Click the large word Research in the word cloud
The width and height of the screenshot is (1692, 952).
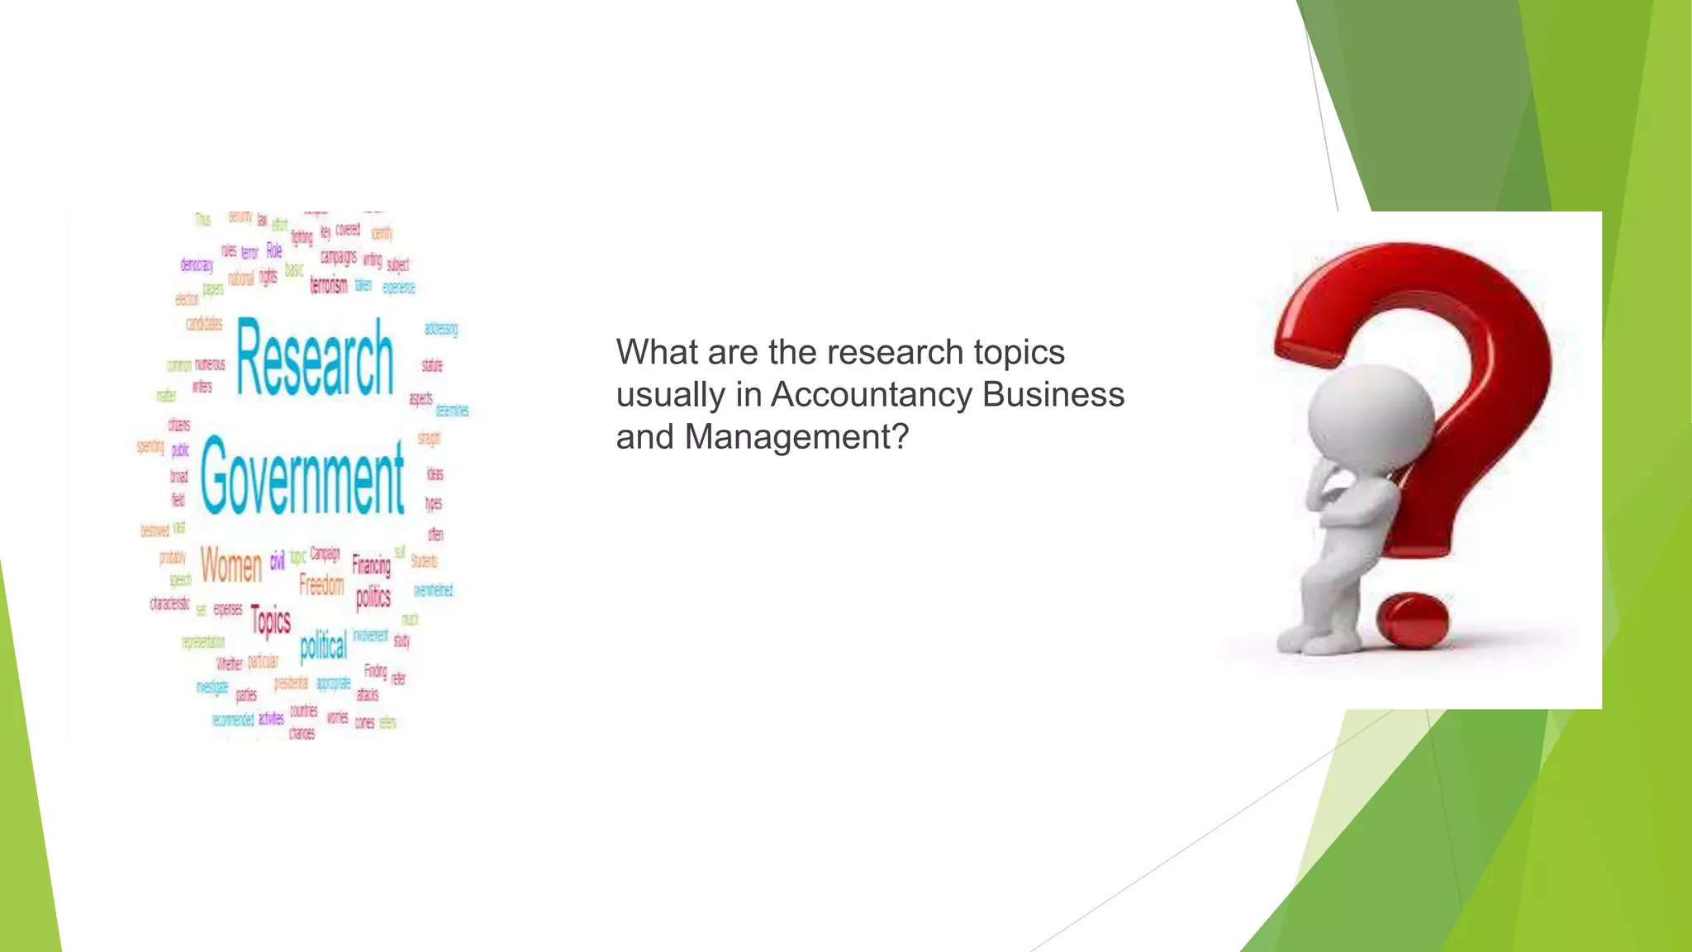click(x=315, y=359)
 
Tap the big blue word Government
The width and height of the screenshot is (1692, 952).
click(x=302, y=478)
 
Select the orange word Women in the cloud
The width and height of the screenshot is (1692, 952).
click(x=231, y=566)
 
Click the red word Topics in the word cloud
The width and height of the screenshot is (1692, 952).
click(x=270, y=621)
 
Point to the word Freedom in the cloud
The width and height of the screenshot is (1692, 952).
click(x=321, y=585)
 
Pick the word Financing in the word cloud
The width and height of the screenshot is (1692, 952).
click(x=371, y=565)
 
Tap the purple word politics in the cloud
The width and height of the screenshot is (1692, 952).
click(x=373, y=597)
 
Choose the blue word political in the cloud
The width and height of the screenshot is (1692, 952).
click(x=323, y=645)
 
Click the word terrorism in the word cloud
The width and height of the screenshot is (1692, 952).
click(x=328, y=286)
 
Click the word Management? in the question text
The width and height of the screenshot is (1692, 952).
click(x=796, y=436)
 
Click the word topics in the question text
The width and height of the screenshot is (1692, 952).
click(x=1019, y=352)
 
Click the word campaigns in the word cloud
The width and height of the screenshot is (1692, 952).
click(x=339, y=257)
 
